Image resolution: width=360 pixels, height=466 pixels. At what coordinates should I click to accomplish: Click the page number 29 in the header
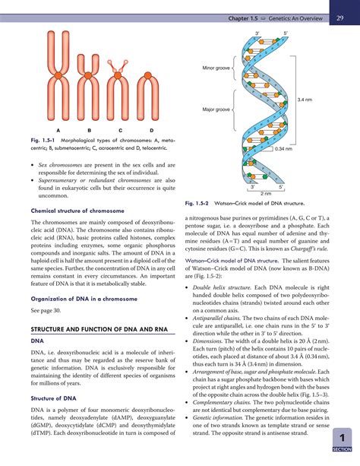(x=342, y=17)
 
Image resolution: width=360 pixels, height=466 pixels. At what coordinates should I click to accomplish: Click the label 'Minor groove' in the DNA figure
(x=216, y=68)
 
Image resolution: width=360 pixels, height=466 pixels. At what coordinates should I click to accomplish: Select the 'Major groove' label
(x=216, y=109)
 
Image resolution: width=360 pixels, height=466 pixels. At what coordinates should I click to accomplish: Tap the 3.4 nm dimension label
(x=305, y=100)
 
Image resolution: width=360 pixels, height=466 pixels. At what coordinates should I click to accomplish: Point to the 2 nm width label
(x=266, y=194)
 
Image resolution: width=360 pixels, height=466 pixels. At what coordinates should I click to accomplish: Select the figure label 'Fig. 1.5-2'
(x=201, y=204)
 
